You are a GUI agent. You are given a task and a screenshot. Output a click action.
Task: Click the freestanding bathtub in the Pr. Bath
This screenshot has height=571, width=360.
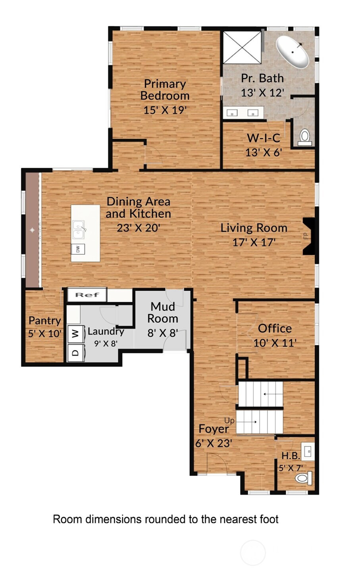(x=293, y=52)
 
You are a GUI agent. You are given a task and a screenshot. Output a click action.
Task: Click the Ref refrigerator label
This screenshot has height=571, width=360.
(x=87, y=295)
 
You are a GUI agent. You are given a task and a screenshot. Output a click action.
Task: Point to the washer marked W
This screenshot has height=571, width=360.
(x=76, y=333)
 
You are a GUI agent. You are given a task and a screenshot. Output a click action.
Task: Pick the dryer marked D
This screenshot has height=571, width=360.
(x=76, y=352)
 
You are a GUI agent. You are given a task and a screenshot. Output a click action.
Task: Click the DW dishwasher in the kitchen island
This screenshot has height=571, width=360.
(x=78, y=249)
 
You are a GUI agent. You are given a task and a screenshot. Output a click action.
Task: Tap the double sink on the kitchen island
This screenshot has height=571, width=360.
(x=79, y=229)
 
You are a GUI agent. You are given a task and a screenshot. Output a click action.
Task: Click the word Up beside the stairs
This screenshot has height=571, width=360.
(x=229, y=421)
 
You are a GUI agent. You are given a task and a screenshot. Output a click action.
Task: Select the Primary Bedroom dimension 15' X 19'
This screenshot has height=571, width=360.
(x=165, y=110)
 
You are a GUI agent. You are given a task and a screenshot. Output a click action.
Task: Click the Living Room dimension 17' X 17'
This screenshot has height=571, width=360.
(x=254, y=242)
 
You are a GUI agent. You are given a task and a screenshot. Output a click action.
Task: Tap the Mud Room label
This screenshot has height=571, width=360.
(x=163, y=313)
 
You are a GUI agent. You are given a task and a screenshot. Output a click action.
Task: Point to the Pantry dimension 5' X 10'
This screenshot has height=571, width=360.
(x=45, y=333)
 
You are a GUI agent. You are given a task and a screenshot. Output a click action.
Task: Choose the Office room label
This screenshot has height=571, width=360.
(x=275, y=328)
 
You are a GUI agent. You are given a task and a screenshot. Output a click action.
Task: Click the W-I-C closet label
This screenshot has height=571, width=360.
(x=264, y=138)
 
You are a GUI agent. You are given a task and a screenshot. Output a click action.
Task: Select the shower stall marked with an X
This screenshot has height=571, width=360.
(x=242, y=47)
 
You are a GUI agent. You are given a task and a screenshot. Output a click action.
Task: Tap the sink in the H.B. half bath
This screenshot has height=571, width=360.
(x=308, y=452)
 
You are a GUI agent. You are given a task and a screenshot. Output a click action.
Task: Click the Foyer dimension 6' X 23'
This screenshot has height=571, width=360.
(x=214, y=443)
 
